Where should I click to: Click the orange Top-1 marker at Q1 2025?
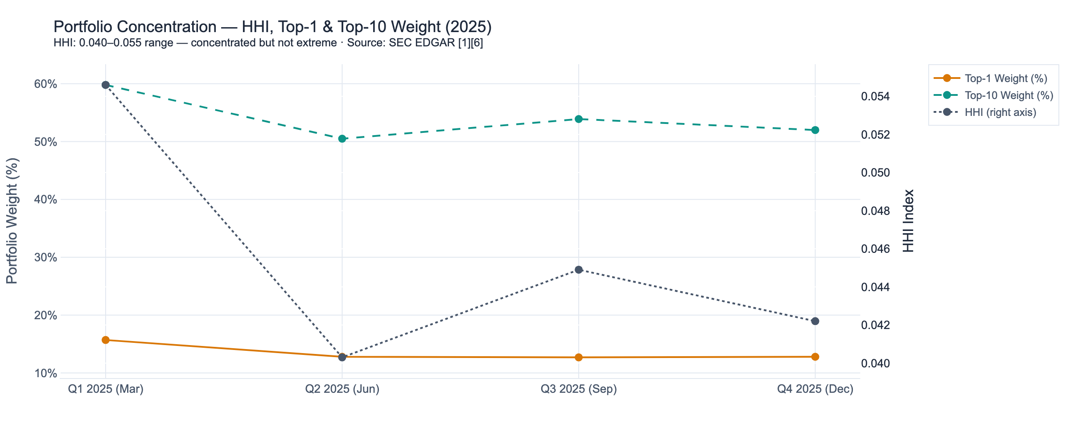click(x=106, y=340)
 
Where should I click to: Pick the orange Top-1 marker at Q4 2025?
click(x=815, y=357)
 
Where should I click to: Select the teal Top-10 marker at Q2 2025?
click(x=342, y=139)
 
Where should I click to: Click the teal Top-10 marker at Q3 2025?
click(x=579, y=119)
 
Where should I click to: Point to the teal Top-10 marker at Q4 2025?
click(x=815, y=130)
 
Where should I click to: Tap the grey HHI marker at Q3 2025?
click(x=579, y=270)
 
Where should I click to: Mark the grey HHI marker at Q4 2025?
click(x=815, y=321)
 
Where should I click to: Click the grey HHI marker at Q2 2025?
click(x=342, y=358)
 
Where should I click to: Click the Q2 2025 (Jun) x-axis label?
click(x=342, y=389)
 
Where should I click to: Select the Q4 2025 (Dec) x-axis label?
click(x=815, y=389)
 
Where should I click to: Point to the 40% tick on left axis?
click(x=46, y=200)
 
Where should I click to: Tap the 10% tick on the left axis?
click(x=46, y=373)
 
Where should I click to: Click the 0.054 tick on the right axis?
click(x=876, y=96)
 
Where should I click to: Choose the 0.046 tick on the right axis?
click(x=876, y=249)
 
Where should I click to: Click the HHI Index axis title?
click(x=909, y=221)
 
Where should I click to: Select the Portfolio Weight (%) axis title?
click(x=12, y=221)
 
